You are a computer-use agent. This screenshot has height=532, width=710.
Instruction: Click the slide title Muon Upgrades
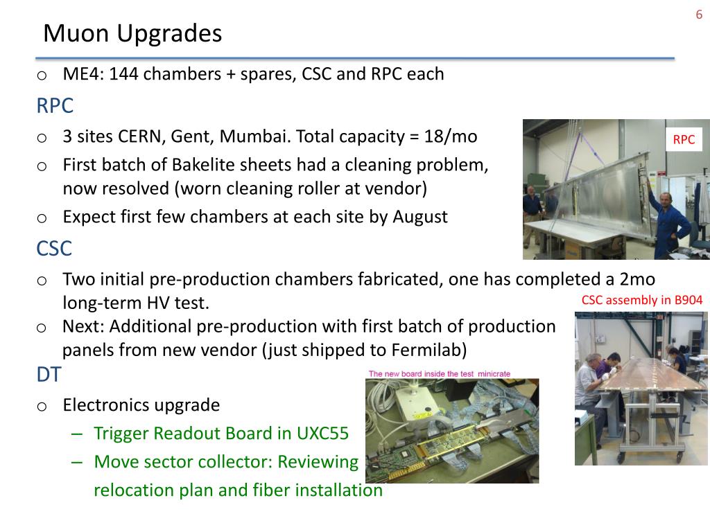(132, 34)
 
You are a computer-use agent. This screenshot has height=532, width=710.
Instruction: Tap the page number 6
(699, 15)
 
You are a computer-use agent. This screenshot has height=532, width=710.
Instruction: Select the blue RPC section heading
(55, 106)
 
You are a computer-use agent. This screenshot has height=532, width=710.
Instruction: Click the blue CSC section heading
(54, 249)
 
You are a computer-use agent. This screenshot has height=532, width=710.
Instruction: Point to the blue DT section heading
(49, 375)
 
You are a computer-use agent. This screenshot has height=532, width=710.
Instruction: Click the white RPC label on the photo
(684, 140)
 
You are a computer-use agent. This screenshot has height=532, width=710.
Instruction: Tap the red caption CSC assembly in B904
(641, 300)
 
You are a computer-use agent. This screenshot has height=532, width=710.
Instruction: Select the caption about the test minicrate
(439, 373)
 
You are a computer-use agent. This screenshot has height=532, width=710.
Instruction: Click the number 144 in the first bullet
(123, 74)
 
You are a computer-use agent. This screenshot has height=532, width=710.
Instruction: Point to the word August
(419, 217)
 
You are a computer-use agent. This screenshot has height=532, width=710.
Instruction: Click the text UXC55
(323, 434)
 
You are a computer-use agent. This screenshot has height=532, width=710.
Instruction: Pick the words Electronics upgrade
(141, 405)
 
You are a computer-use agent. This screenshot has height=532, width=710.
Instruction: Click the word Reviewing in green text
(318, 462)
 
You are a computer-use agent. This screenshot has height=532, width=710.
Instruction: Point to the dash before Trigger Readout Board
(77, 434)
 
